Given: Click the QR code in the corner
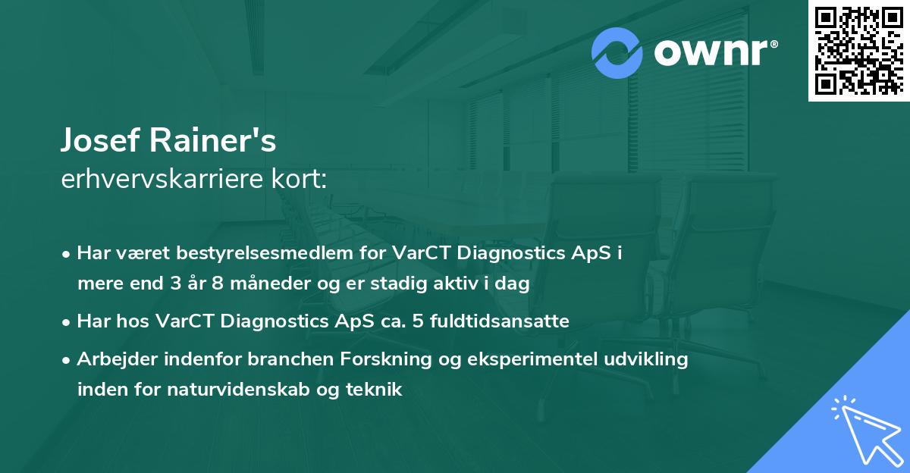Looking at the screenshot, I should point(858,50).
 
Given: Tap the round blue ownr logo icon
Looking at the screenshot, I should point(617,53).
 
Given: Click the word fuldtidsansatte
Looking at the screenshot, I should point(500,321).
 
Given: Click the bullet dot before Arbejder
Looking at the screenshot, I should point(67,360).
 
